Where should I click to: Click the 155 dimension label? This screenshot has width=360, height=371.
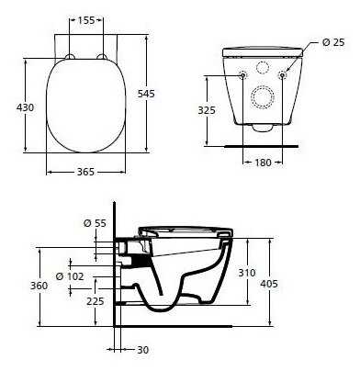click(x=86, y=20)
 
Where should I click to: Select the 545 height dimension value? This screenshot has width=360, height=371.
click(x=146, y=94)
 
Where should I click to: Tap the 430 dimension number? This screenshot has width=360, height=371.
click(x=26, y=107)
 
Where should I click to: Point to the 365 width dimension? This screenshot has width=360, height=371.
click(x=85, y=172)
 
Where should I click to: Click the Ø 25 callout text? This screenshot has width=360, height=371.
click(x=333, y=42)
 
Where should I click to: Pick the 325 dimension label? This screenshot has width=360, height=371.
click(x=207, y=110)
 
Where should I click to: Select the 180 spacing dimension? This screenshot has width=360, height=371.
click(x=263, y=163)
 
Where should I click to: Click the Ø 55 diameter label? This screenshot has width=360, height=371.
click(x=95, y=223)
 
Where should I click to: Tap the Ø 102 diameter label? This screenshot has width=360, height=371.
click(x=70, y=276)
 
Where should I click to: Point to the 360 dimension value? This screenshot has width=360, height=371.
click(x=39, y=286)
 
